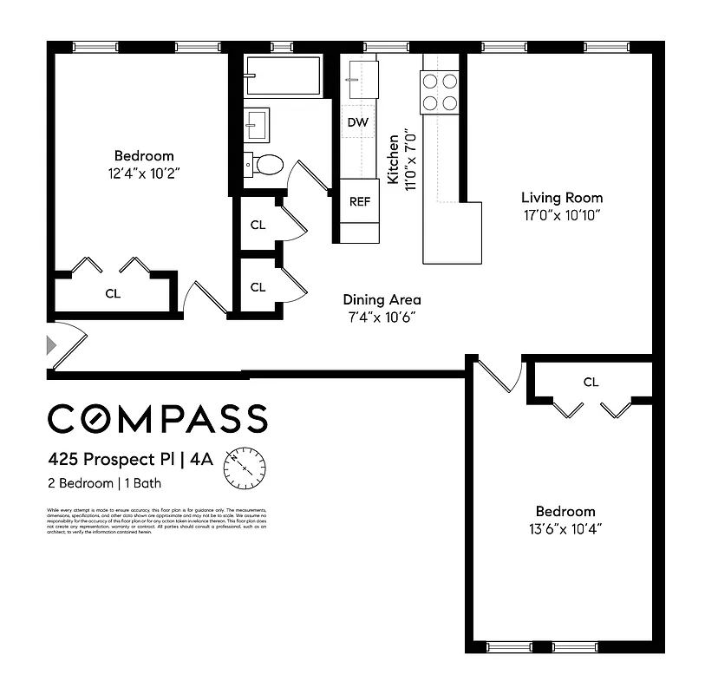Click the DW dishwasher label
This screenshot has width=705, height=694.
(x=358, y=122)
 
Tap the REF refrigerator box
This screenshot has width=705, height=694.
(x=359, y=201)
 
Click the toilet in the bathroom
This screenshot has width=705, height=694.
(x=266, y=163)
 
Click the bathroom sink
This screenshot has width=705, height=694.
(x=256, y=125)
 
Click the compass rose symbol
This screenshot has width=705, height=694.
(x=246, y=468)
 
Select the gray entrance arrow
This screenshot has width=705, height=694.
(x=52, y=345)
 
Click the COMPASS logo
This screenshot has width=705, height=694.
(x=157, y=418)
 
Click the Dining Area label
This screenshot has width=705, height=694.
(x=382, y=300)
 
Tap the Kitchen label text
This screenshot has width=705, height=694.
(x=394, y=158)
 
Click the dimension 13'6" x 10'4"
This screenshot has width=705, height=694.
(x=565, y=527)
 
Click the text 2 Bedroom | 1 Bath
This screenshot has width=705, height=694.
(x=104, y=483)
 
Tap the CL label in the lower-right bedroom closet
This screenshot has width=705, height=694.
(x=591, y=382)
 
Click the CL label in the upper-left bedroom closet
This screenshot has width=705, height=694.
(x=113, y=293)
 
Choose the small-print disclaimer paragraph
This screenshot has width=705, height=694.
(x=157, y=520)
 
